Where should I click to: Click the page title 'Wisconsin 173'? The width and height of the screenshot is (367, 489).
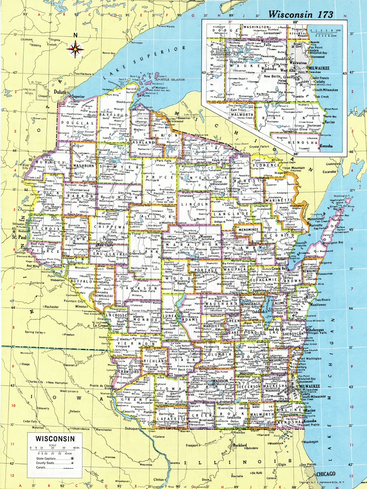tap(300, 14)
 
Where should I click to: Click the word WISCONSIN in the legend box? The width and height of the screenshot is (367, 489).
tap(55, 439)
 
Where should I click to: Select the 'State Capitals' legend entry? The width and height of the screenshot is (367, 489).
tap(46, 458)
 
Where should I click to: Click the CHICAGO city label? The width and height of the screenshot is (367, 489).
tap(326, 474)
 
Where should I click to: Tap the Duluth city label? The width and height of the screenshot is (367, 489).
tap(60, 92)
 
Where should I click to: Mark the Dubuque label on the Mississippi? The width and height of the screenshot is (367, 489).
tap(132, 429)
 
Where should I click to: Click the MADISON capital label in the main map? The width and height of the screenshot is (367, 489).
tap(220, 381)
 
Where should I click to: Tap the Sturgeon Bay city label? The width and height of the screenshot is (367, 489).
tap(335, 243)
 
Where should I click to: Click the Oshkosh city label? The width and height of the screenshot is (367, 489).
tap(258, 311)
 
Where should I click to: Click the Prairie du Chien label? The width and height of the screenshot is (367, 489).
tap(101, 386)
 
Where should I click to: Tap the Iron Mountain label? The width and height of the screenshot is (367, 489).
tap(294, 168)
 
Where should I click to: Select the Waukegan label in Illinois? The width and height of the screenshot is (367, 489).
tap(311, 442)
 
